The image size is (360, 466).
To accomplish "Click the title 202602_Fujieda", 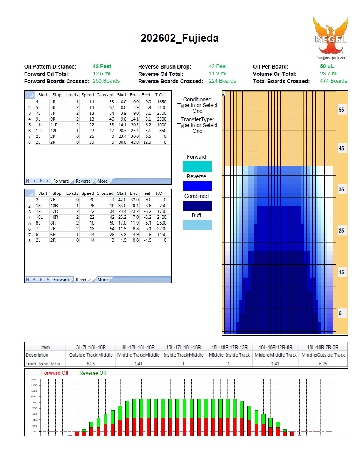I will (179, 38).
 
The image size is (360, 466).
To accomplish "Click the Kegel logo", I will (331, 38).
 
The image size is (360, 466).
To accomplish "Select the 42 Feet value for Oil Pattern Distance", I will (102, 67).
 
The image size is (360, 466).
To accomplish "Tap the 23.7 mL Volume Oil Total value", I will (329, 74).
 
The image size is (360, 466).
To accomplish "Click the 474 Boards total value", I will (333, 81).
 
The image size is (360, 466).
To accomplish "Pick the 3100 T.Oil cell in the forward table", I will (161, 107).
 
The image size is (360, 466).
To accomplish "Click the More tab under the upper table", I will (102, 181).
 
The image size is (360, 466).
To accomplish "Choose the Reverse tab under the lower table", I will (83, 280).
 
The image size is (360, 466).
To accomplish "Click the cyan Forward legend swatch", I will (197, 166).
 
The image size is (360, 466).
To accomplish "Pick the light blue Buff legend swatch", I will (197, 225).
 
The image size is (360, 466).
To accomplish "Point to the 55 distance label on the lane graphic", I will (341, 110).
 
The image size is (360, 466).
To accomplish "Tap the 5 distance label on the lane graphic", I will (340, 313).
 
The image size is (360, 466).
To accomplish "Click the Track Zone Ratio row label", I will (43, 364).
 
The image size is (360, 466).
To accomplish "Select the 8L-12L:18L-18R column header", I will (139, 347).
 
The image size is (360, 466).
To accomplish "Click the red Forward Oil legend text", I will (55, 373).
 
